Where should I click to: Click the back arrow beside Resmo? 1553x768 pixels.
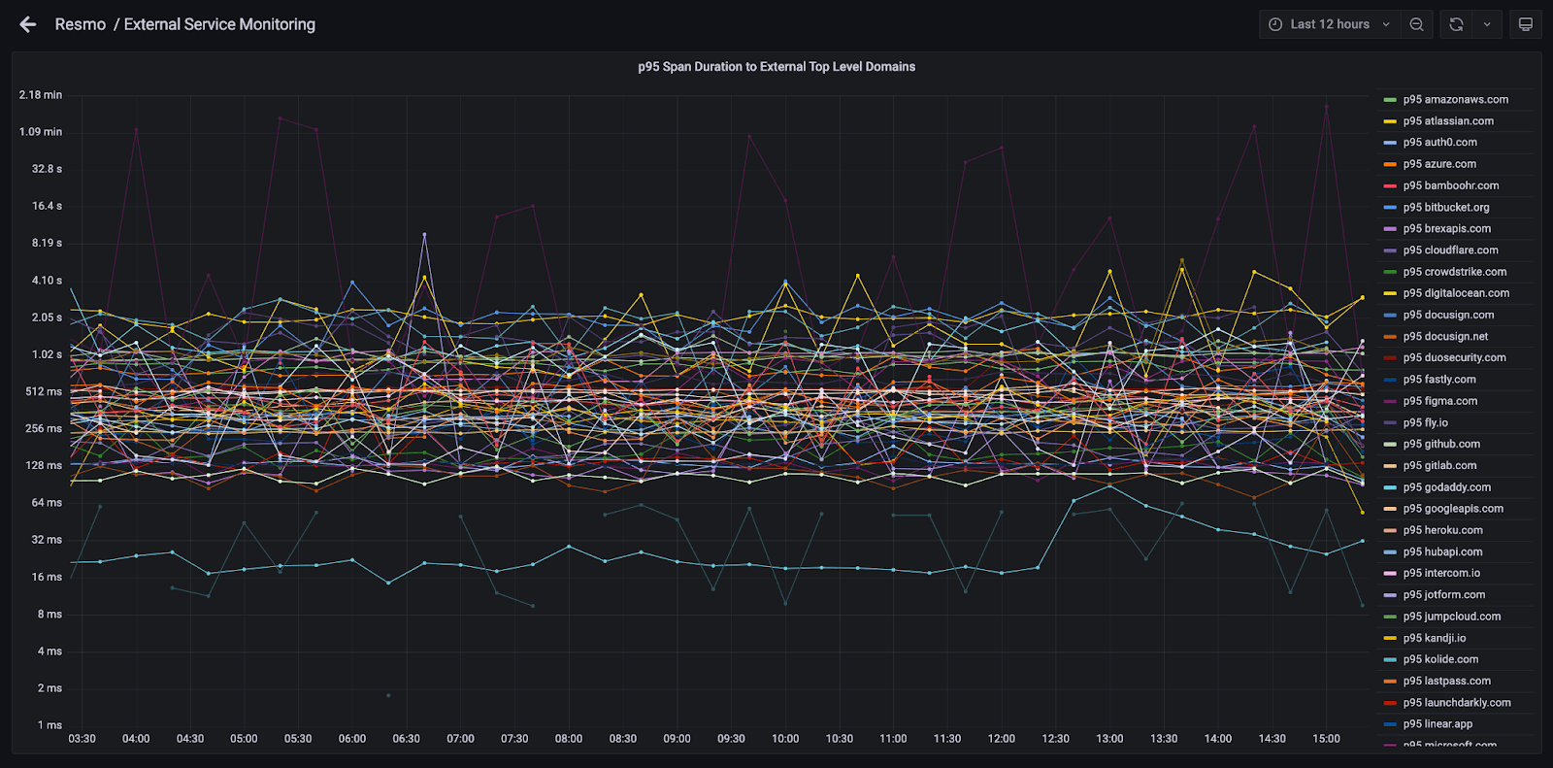28,25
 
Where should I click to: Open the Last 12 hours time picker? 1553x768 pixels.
1329,24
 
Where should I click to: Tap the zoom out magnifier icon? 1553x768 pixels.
1416,24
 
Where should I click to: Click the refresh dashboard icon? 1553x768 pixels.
1456,24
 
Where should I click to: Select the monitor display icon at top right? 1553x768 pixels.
1525,24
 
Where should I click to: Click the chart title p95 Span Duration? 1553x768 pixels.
776,67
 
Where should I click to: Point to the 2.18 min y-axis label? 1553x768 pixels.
40,95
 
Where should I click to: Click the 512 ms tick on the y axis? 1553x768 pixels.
43,391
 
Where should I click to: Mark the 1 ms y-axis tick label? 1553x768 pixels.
50,725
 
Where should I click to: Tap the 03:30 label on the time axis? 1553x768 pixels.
82,739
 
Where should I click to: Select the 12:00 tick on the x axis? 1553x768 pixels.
1001,739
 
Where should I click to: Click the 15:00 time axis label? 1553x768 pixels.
1326,739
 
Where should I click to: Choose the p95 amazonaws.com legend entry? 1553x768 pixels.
1446,100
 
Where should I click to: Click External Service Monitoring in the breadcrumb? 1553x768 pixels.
219,25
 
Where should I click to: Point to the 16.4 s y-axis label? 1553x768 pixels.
47,206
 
